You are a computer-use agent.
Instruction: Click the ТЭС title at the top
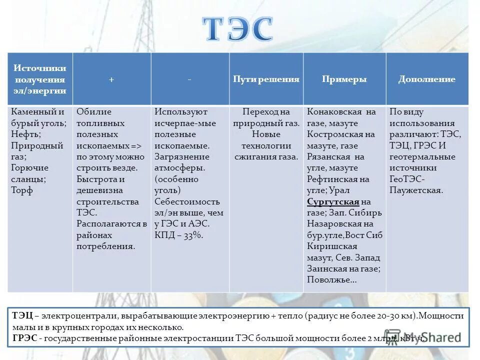coord(238,28)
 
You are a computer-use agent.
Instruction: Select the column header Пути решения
coord(266,79)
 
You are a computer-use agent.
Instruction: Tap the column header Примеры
coord(344,79)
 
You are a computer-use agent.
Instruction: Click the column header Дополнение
coord(426,79)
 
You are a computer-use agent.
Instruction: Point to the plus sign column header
coord(111,79)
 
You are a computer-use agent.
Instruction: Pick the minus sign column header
coord(190,79)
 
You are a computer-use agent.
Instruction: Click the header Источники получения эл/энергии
coord(40,79)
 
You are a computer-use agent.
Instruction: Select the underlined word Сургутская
coord(333,201)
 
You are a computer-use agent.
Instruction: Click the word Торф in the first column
coord(22,190)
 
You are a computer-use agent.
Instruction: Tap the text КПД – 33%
coord(178,235)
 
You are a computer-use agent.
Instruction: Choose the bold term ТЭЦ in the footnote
coord(22,316)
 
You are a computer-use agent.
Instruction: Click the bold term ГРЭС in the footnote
coord(24,338)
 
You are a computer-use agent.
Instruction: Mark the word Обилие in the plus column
coord(94,112)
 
